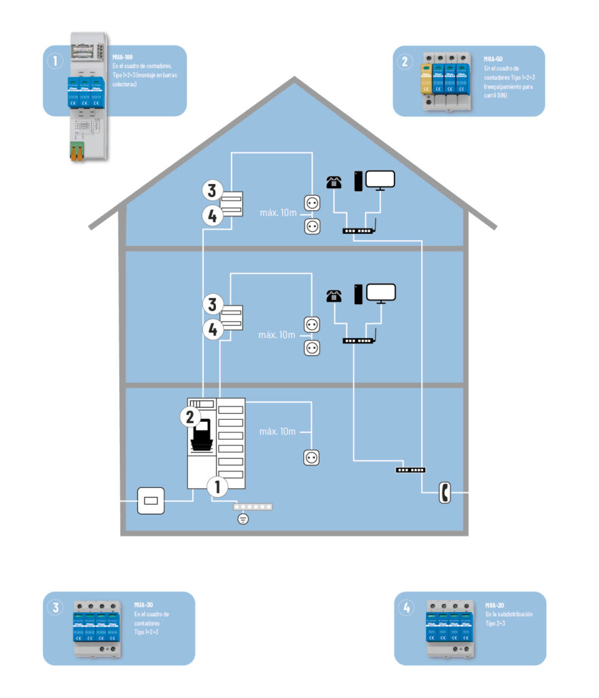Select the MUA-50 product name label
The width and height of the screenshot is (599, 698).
493,59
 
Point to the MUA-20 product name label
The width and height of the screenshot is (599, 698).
495,605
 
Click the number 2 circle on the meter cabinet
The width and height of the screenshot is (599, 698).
191,416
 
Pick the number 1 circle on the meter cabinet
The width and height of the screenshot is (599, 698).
217,487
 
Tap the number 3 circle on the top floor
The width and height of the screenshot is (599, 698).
213,189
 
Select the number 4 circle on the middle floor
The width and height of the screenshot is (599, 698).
213,329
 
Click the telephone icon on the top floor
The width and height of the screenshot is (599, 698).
333,182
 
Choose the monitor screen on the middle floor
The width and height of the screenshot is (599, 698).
381,293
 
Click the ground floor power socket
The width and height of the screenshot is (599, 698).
312,457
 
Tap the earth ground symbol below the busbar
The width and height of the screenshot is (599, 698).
243,520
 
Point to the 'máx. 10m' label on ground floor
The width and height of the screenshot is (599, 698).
278,432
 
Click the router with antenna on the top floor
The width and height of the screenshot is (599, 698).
358,230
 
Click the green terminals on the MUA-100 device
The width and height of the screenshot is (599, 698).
76,154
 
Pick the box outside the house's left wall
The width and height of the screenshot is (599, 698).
151,501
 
